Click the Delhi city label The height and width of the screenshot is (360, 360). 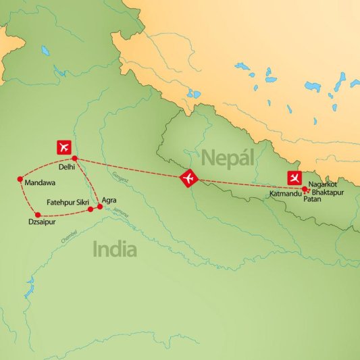[67, 166]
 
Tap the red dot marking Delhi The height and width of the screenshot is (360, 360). [75, 159]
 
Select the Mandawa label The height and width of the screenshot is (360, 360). [39, 182]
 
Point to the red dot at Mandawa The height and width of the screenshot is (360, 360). [20, 180]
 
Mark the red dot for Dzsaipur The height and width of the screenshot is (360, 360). [28, 215]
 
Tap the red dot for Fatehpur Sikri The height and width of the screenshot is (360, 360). [91, 209]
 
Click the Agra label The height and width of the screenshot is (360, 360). [109, 200]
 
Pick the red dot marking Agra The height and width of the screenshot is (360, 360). [100, 206]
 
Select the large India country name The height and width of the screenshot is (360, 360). [115, 250]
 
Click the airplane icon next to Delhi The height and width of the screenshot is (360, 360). [65, 146]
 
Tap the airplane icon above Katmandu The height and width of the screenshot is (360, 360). [294, 179]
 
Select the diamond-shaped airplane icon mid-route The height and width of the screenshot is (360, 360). [188, 179]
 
